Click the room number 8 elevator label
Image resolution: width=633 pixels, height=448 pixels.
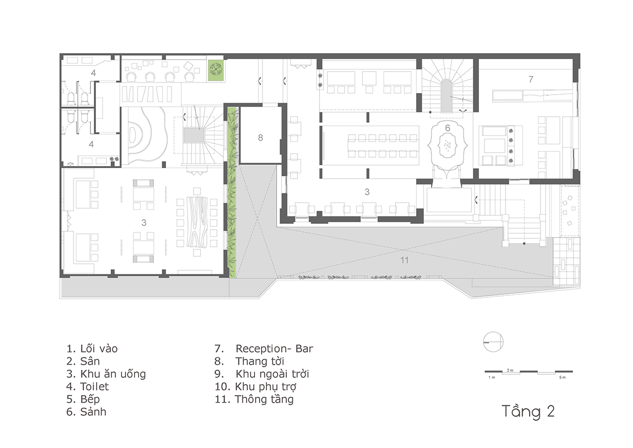[x=260, y=138]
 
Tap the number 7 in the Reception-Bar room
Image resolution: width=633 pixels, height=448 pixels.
[x=530, y=80]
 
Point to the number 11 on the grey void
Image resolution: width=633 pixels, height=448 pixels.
[x=404, y=260]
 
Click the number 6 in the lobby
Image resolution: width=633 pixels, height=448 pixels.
[x=447, y=128]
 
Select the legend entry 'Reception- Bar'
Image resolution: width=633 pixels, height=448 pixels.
[x=274, y=349]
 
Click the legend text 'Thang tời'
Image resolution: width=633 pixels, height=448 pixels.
[x=259, y=361]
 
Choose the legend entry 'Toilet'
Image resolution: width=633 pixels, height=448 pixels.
[x=94, y=386]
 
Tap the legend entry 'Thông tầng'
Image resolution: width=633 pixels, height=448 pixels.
[x=264, y=399]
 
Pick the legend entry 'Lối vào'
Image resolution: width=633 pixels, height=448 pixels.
[x=99, y=349]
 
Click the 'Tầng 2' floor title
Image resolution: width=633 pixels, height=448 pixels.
[x=528, y=412]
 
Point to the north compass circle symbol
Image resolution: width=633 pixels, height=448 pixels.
[x=493, y=342]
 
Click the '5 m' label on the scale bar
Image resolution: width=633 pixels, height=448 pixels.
[x=562, y=377]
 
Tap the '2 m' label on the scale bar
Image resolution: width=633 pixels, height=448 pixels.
[x=510, y=370]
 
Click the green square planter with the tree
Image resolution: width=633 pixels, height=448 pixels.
[x=216, y=71]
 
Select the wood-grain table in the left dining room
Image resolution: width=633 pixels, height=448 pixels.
[x=197, y=222]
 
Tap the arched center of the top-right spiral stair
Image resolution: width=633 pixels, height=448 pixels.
[x=446, y=96]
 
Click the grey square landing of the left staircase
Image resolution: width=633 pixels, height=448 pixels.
[x=194, y=136]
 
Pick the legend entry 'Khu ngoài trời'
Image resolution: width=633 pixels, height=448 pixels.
[x=272, y=374]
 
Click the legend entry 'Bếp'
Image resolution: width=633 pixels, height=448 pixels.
[x=90, y=399]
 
